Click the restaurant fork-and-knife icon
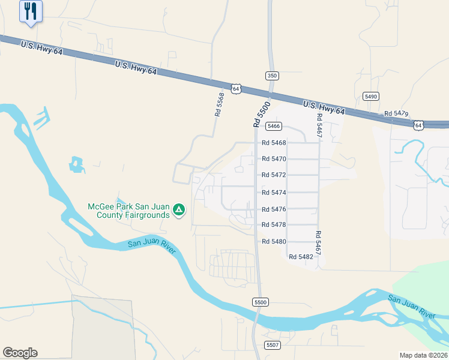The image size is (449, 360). pyautogui.click(x=31, y=11)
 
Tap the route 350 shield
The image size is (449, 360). pyautogui.click(x=272, y=76)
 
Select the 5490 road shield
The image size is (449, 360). pyautogui.click(x=371, y=97)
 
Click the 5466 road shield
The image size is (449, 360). pyautogui.click(x=274, y=126)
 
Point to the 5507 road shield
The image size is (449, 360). pyautogui.click(x=273, y=345)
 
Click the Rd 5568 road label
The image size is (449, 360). pyautogui.click(x=220, y=104)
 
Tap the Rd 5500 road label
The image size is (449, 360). pyautogui.click(x=261, y=114)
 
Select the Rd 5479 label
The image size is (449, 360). pyautogui.click(x=396, y=113)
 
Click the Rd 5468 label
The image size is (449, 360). pyautogui.click(x=274, y=143)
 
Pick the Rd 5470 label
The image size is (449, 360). pyautogui.click(x=274, y=159)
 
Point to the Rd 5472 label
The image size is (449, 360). pyautogui.click(x=274, y=175)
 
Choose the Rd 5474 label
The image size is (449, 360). pyautogui.click(x=274, y=193)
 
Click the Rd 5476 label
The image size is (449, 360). pyautogui.click(x=274, y=209)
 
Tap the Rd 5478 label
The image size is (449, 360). pyautogui.click(x=274, y=225)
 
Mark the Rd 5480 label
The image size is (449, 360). pyautogui.click(x=274, y=241)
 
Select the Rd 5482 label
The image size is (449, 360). pyautogui.click(x=301, y=257)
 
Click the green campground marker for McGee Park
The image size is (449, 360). pyautogui.click(x=178, y=210)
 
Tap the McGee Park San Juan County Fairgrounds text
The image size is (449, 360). pyautogui.click(x=128, y=210)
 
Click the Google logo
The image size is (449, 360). pyautogui.click(x=20, y=353)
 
